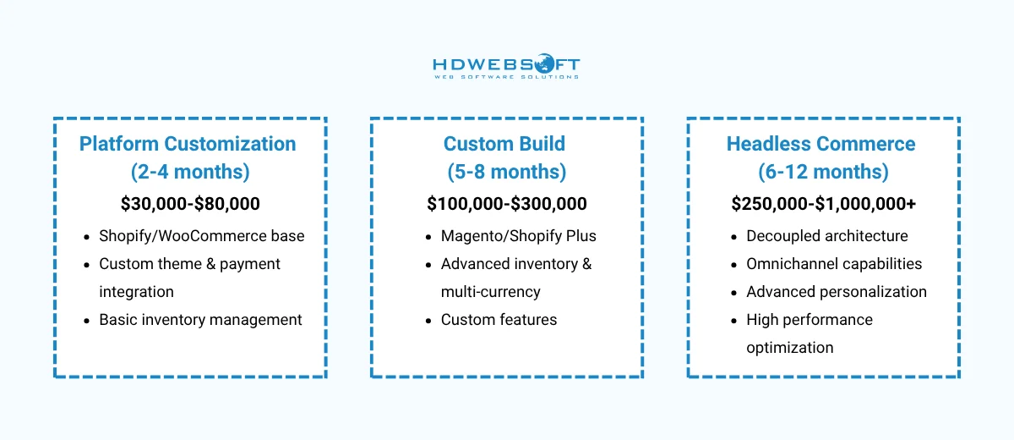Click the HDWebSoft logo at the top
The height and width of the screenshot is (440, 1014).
506,68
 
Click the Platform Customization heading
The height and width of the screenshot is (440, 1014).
188,144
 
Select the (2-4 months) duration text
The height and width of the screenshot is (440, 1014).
190,173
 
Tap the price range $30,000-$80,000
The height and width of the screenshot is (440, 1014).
190,204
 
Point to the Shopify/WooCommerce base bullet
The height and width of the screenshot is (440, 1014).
201,236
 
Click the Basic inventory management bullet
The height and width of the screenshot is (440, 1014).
200,320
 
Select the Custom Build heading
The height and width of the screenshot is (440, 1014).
506,144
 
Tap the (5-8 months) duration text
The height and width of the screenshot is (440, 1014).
506,173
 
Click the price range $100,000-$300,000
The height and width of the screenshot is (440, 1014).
506,204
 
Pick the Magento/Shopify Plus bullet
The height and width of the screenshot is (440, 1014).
518,236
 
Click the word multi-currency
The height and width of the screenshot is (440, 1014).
490,292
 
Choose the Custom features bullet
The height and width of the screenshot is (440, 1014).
499,320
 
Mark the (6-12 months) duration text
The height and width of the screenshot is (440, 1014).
822,173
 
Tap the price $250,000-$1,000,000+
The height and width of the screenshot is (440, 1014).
823,204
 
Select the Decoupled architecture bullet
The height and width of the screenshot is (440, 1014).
826,236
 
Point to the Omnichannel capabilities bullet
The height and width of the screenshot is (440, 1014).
833,264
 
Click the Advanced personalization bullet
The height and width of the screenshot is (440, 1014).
836,292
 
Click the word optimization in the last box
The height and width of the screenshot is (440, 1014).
789,348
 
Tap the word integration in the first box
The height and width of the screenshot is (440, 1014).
136,292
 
